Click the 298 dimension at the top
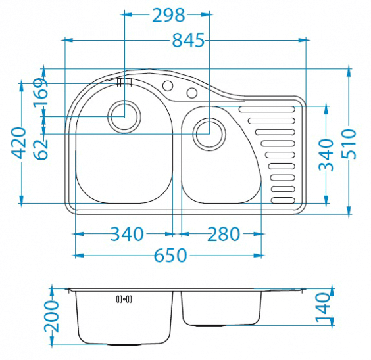click(x=168, y=15)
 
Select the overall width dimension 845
click(x=188, y=40)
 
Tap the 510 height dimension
click(x=349, y=144)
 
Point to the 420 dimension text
click(x=18, y=143)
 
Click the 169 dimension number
click(x=40, y=93)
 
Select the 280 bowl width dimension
click(x=224, y=234)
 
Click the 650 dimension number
click(x=170, y=256)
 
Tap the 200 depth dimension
click(x=51, y=316)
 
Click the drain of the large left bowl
click(x=124, y=117)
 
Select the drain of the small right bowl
click(x=209, y=134)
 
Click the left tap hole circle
click(x=168, y=86)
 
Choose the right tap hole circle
click(x=192, y=93)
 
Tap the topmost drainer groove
click(x=267, y=109)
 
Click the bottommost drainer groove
click(x=283, y=200)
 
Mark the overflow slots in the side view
click(x=124, y=300)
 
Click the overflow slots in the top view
click(x=124, y=82)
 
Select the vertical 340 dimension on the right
click(x=326, y=155)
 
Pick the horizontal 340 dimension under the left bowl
click(x=127, y=234)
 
